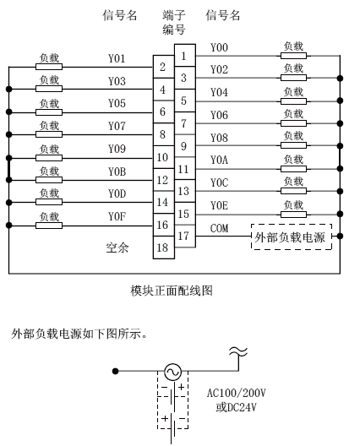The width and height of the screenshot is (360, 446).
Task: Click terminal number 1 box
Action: (185, 56)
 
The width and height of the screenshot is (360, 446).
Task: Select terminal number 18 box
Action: (164, 247)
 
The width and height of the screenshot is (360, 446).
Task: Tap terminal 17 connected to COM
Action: (185, 236)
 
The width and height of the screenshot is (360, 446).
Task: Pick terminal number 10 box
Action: (164, 157)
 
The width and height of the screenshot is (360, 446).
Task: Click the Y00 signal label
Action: (219, 47)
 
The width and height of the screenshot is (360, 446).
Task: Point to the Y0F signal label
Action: (117, 217)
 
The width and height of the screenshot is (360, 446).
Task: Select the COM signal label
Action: (219, 228)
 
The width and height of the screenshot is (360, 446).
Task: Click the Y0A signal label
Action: (219, 160)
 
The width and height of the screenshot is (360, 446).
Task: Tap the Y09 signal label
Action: (117, 149)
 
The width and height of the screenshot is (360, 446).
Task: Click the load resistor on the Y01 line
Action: (49, 67)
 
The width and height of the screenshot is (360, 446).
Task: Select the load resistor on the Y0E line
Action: (294, 215)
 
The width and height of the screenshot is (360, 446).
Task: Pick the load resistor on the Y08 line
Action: (294, 145)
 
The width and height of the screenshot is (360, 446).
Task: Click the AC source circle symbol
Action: (172, 372)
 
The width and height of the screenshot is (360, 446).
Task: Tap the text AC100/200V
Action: (237, 393)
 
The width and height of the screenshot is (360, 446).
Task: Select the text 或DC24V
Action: (237, 407)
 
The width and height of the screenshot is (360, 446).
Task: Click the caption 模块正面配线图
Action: (172, 291)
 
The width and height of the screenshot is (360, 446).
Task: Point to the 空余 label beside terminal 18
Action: (117, 247)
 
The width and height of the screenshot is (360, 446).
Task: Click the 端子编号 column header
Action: (174, 22)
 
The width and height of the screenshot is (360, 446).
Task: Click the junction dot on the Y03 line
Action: (9, 90)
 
